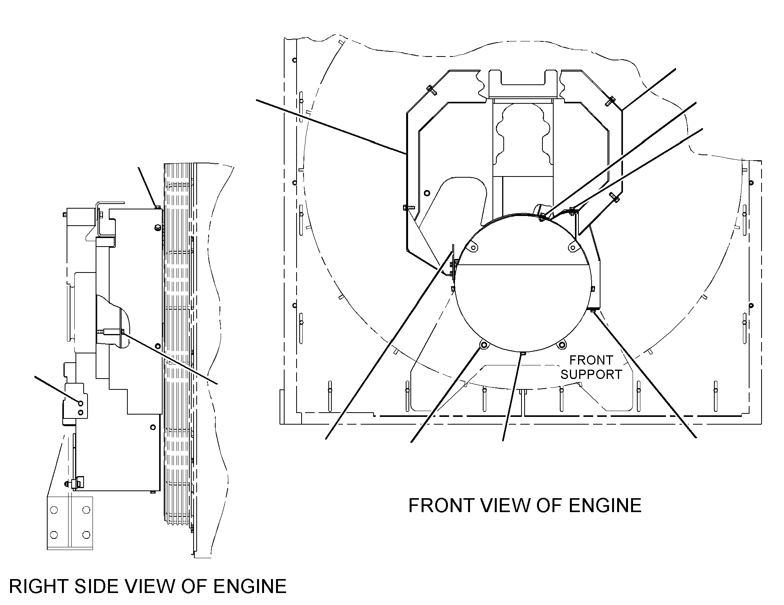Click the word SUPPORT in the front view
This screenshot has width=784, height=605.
click(591, 374)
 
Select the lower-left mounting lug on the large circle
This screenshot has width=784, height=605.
click(483, 344)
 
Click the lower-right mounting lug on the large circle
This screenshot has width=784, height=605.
click(562, 344)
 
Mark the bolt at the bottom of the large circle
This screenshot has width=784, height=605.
click(523, 353)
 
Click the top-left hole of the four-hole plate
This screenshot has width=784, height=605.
click(54, 509)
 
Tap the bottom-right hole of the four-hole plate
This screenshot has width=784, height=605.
click(86, 535)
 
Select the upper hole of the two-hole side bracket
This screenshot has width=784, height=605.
click(81, 403)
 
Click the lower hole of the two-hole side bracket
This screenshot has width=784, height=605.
click(81, 413)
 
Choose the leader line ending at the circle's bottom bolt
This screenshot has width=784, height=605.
click(513, 397)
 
